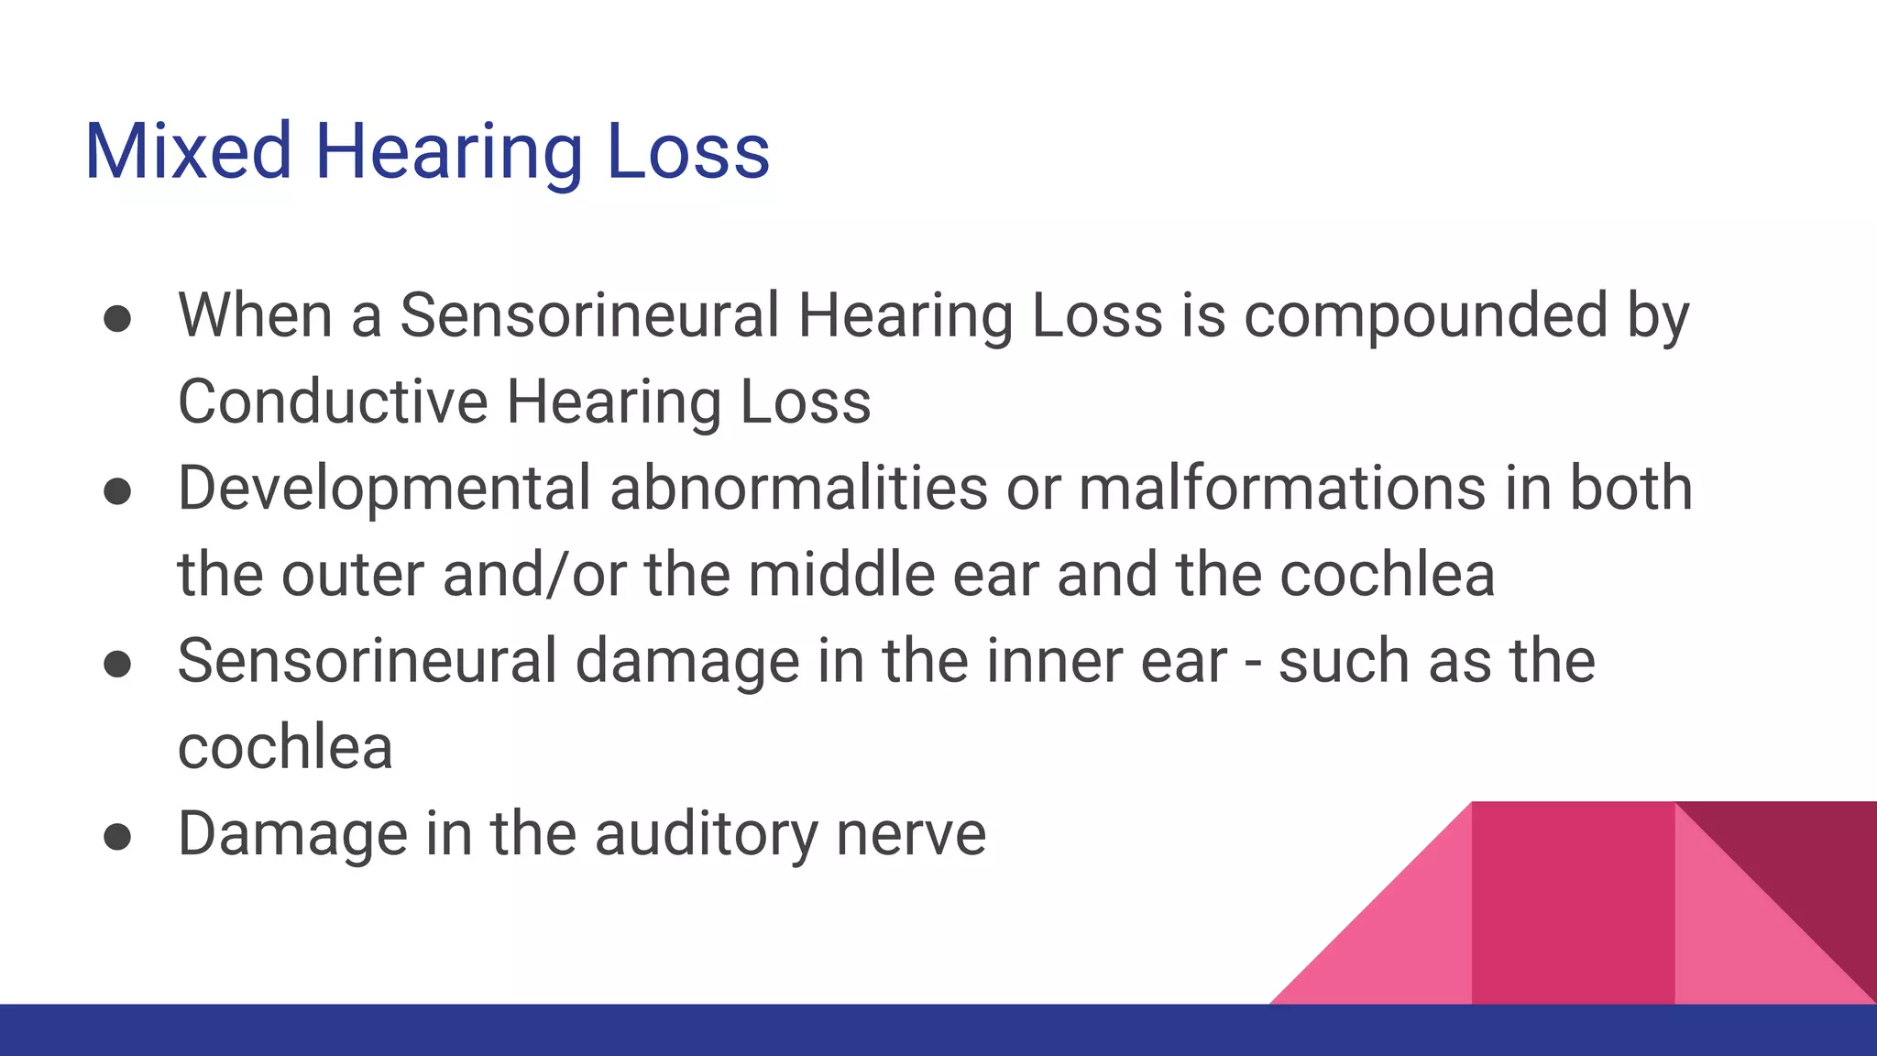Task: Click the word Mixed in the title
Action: (x=188, y=151)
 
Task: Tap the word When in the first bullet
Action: (x=255, y=315)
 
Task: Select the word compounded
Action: (x=1425, y=315)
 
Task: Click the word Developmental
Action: (x=384, y=488)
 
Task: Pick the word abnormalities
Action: (x=798, y=488)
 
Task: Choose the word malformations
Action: (x=1281, y=488)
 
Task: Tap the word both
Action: (x=1631, y=488)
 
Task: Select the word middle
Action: (x=840, y=575)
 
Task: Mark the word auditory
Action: (x=706, y=834)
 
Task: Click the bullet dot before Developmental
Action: (x=117, y=491)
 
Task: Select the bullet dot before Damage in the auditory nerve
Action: (x=117, y=837)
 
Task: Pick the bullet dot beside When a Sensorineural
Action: (x=117, y=319)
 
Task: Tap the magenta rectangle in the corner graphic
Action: (x=1573, y=903)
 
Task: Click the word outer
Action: (x=352, y=575)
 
